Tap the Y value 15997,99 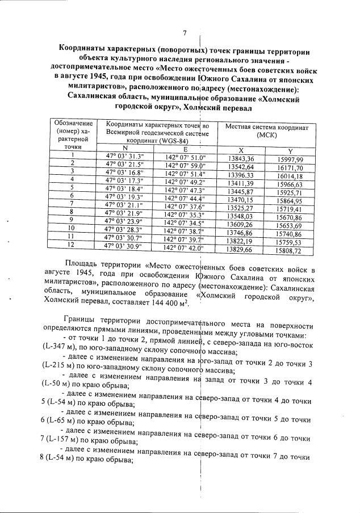290,161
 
